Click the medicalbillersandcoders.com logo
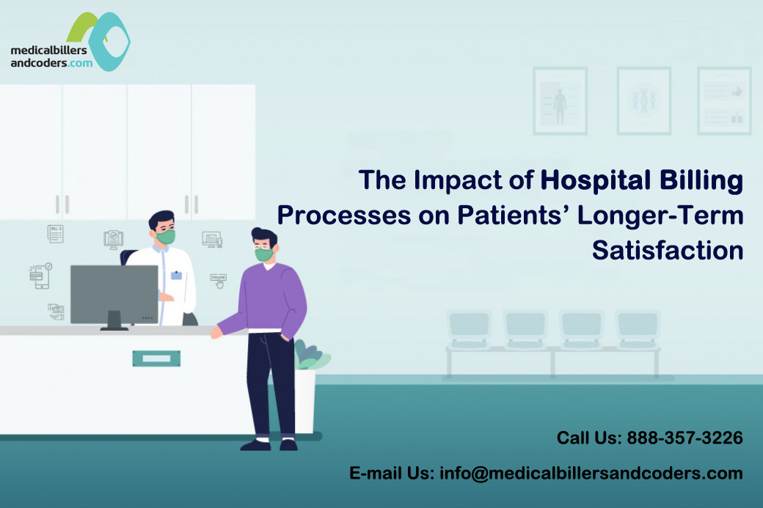[70, 43]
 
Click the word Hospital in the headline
[595, 181]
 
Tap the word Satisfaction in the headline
[668, 251]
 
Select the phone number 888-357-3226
[684, 438]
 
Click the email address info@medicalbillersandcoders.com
[591, 473]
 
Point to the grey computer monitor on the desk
[114, 297]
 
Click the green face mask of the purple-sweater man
[263, 254]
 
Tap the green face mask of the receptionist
[166, 237]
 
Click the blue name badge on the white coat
[176, 275]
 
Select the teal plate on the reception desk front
[156, 358]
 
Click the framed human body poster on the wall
[560, 100]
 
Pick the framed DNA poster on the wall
[644, 100]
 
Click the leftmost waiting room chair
[469, 330]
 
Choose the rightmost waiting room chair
[638, 330]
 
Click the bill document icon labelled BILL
[56, 234]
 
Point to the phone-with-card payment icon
[41, 276]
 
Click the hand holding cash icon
[56, 312]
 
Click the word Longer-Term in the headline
[660, 216]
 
